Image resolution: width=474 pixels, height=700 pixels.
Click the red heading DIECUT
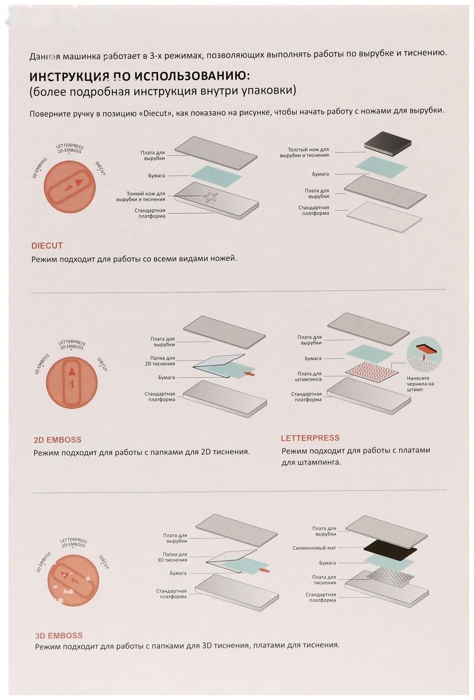click(47, 245)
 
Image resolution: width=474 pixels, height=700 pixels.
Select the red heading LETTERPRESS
click(310, 438)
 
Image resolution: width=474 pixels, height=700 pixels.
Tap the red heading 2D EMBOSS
click(57, 440)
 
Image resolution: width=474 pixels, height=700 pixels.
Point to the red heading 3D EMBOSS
click(59, 635)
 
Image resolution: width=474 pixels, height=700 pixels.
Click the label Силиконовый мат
click(314, 548)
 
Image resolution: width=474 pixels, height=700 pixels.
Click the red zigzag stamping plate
click(372, 371)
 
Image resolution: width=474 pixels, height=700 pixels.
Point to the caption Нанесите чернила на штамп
click(420, 384)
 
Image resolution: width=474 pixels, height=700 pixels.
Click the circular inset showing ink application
click(424, 356)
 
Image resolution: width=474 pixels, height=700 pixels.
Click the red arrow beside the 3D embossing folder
click(265, 570)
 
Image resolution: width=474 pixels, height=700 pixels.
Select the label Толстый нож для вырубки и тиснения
click(304, 152)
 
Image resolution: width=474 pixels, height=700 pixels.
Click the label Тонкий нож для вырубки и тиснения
click(141, 196)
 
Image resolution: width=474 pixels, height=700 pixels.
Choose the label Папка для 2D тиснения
click(160, 361)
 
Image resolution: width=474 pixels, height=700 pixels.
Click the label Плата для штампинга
click(309, 376)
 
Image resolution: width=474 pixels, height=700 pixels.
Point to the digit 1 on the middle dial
click(72, 384)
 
